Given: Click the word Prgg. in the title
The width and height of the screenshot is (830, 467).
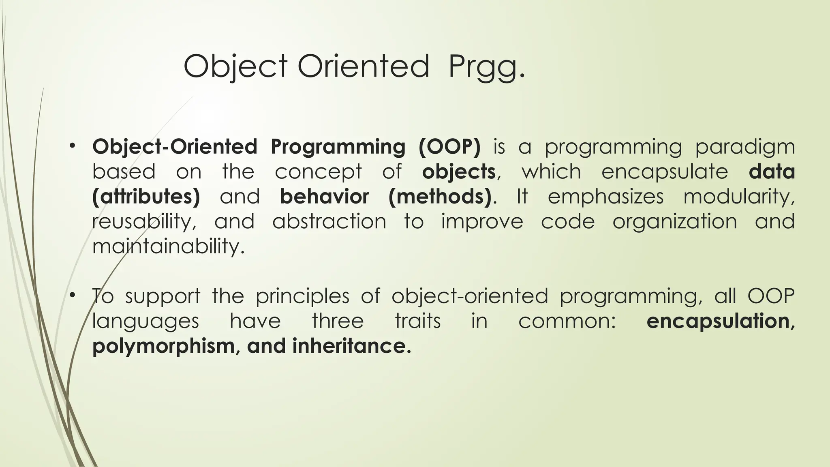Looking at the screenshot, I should (486, 67).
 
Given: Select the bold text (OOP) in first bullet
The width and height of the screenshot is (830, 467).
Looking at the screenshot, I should (449, 147).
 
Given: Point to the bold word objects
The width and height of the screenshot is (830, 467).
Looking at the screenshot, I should (459, 172).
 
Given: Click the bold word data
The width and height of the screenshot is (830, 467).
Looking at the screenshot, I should (772, 171).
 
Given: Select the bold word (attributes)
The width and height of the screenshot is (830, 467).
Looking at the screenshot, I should (146, 197).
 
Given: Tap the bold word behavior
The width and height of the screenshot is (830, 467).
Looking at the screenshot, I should (324, 197).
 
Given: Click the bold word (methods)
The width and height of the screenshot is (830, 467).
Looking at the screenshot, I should (440, 197).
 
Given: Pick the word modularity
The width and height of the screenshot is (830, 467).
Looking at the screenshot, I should (739, 197).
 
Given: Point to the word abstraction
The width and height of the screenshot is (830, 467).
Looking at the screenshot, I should (329, 222).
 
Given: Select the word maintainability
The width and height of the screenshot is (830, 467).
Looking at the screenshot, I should (168, 247).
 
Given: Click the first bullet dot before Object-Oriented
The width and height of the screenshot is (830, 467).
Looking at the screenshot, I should (73, 146).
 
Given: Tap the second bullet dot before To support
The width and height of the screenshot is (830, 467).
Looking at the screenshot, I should (73, 296).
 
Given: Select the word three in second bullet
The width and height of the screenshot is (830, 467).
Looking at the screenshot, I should (338, 321).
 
